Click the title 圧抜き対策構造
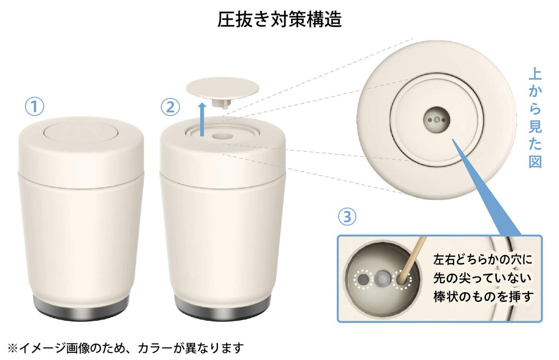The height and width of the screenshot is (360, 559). point(279,20)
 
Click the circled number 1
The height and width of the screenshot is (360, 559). point(35,107)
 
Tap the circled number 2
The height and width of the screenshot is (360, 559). point(170,107)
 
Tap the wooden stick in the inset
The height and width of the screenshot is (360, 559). point(411,260)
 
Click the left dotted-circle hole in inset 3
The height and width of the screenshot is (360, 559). point(364,279)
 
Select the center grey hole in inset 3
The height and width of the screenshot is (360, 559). point(381,279)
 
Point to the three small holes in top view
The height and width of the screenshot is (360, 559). point(435,119)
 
